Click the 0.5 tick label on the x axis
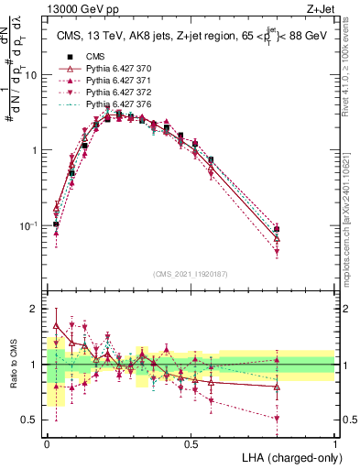coord(191,443)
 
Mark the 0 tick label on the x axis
coord(47,443)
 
